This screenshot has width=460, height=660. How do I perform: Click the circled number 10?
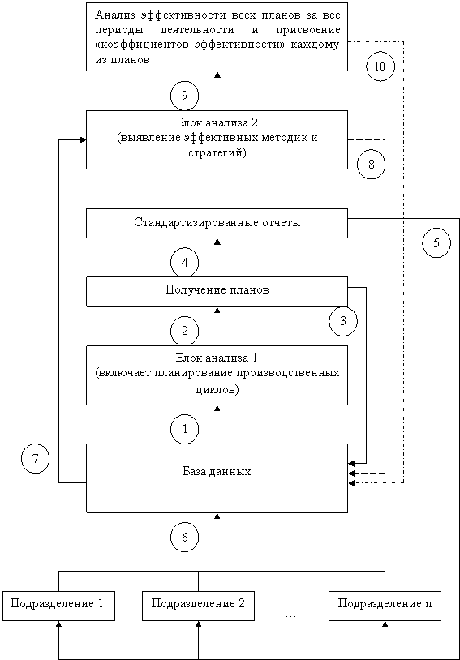pyautogui.click(x=380, y=66)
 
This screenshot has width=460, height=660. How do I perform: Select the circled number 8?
pyautogui.click(x=371, y=165)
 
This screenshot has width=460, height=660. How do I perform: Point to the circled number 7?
pyautogui.click(x=36, y=459)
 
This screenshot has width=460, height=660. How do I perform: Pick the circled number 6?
pyautogui.click(x=184, y=538)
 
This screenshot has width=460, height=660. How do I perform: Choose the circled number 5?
pyautogui.click(x=436, y=243)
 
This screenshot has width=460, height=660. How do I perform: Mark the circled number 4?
pyautogui.click(x=184, y=263)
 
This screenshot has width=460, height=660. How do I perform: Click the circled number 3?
pyautogui.click(x=343, y=322)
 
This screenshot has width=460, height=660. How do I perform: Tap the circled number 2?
pyautogui.click(x=184, y=332)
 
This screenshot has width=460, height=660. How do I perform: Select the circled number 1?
pyautogui.click(x=184, y=430)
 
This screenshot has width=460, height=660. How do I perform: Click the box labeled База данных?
pyautogui.click(x=217, y=478)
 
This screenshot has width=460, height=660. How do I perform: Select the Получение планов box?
pyautogui.click(x=217, y=292)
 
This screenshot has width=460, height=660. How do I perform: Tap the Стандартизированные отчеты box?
pyautogui.click(x=217, y=223)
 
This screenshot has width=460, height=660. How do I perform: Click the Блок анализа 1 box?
pyautogui.click(x=217, y=375)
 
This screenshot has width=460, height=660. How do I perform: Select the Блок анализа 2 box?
pyautogui.click(x=217, y=139)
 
